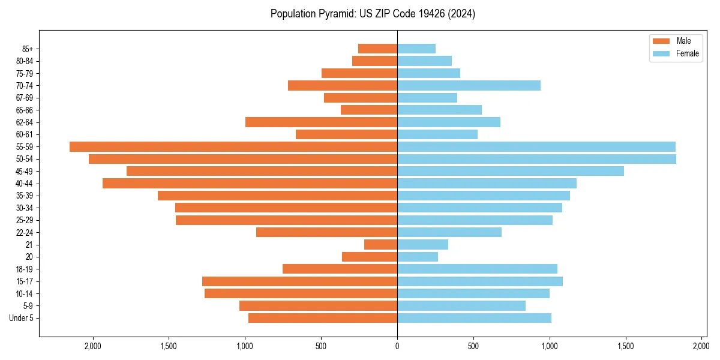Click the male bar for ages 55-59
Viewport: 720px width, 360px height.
coord(233,146)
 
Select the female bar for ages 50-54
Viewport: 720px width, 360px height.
coord(536,159)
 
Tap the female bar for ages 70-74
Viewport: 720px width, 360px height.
coord(469,85)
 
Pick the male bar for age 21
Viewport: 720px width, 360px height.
coord(380,245)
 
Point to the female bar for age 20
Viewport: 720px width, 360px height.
coord(418,257)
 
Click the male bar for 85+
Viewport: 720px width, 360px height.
coord(377,49)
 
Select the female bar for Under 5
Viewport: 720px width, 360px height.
coord(474,318)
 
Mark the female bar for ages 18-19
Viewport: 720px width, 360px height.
coord(477,269)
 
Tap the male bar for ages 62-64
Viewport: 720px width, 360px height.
coord(321,122)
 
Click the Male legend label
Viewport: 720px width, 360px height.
coord(683,41)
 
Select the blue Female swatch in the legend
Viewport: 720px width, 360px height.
coord(661,53)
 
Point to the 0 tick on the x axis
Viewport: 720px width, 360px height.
coord(397,346)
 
